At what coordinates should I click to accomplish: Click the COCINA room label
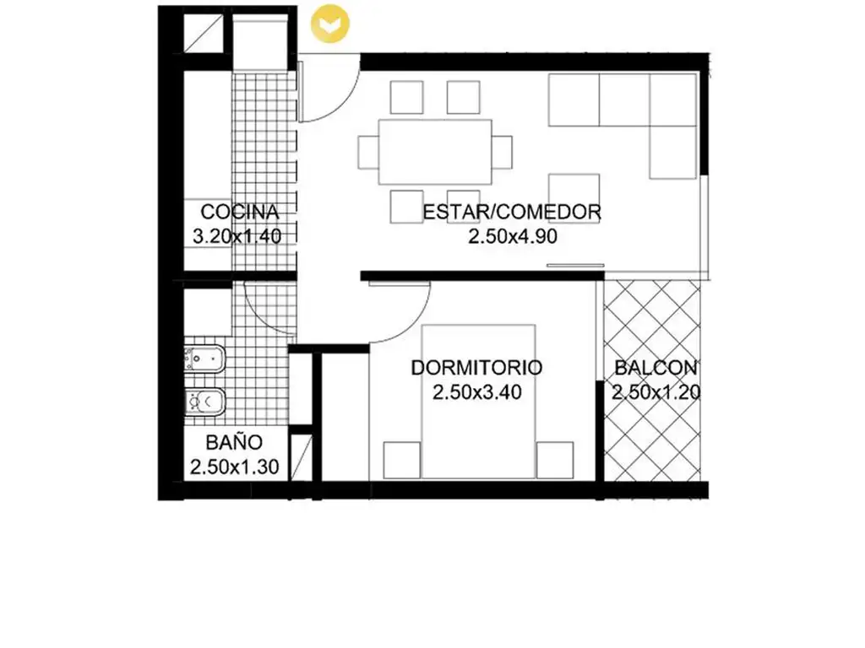coord(239,212)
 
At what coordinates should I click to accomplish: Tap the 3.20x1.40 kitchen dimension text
coord(237,236)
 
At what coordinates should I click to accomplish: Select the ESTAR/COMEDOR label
coord(512,212)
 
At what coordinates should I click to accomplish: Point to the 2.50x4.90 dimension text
coord(513,236)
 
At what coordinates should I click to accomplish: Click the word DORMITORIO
coord(476,368)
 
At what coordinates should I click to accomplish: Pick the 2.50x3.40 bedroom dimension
coord(477,392)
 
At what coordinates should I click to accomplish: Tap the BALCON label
coord(656,368)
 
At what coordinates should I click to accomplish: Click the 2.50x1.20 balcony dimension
coord(656,392)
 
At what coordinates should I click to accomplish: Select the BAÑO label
coord(235,442)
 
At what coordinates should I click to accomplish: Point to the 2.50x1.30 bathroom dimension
coord(235,467)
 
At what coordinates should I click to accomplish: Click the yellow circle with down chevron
coord(330,23)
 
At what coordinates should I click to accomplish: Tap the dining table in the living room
coord(435,152)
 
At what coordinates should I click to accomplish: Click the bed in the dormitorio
coord(478,401)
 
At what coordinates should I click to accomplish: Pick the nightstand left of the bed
coord(402,460)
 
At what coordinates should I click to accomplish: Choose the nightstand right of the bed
coord(555,460)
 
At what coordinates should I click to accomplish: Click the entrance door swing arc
coord(342,102)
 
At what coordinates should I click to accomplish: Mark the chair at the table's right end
coord(502,152)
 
